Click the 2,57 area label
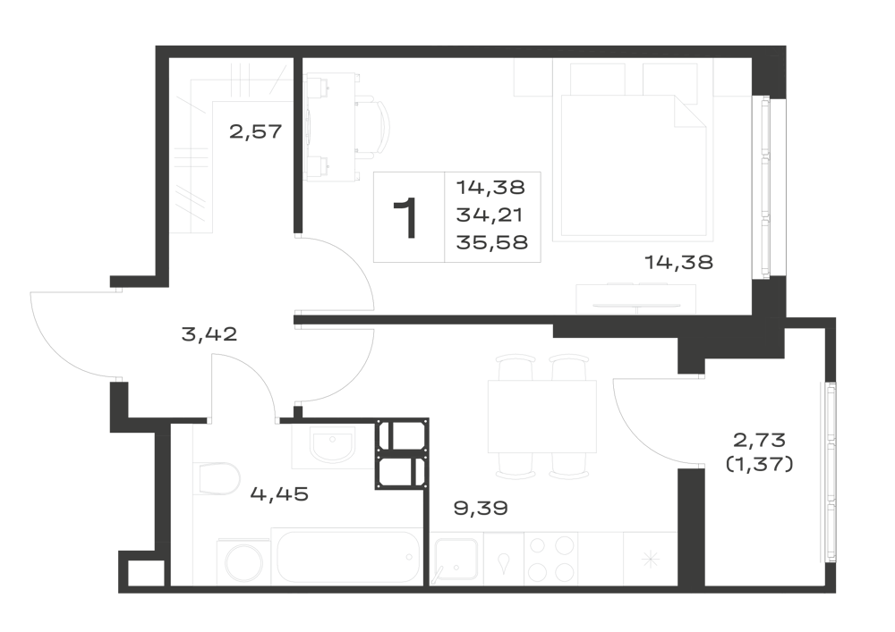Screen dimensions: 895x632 click(x=256, y=131)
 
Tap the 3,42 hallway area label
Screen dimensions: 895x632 click(x=209, y=334)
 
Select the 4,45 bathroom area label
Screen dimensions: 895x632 click(x=279, y=493)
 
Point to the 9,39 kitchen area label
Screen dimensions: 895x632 click(x=481, y=508)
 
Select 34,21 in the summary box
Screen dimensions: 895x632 click(x=490, y=215)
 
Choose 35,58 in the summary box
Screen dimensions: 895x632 click(x=492, y=242)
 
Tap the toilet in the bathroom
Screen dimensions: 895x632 click(x=219, y=478)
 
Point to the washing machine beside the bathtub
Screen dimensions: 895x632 click(x=243, y=562)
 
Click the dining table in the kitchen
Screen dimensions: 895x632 click(x=542, y=416)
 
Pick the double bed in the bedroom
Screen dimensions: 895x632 click(x=633, y=165)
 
